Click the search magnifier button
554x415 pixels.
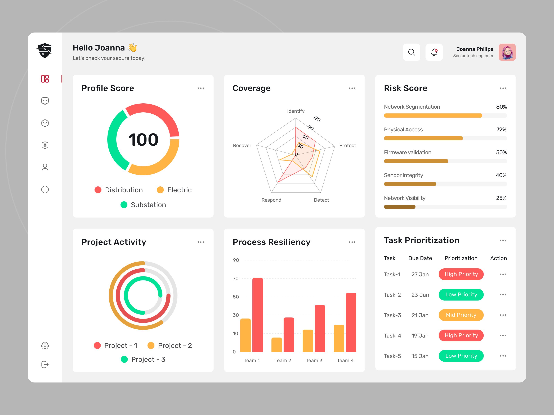(412, 52)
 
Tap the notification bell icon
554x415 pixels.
(434, 52)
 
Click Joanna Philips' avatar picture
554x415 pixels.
(507, 52)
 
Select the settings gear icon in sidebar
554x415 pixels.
(45, 346)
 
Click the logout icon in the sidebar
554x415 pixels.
(45, 365)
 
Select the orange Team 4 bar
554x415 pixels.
(339, 338)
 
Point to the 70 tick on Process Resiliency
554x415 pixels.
(236, 278)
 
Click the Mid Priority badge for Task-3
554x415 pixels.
(461, 315)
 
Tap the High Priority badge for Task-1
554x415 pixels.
(461, 274)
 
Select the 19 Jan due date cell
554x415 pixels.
(420, 335)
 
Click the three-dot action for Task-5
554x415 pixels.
(503, 356)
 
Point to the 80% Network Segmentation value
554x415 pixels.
(501, 107)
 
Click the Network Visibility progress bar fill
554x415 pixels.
(399, 207)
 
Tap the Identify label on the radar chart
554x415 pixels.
(296, 111)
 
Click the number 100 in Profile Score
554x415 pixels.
(143, 140)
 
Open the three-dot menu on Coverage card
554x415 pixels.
(352, 88)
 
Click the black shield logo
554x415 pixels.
(45, 50)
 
